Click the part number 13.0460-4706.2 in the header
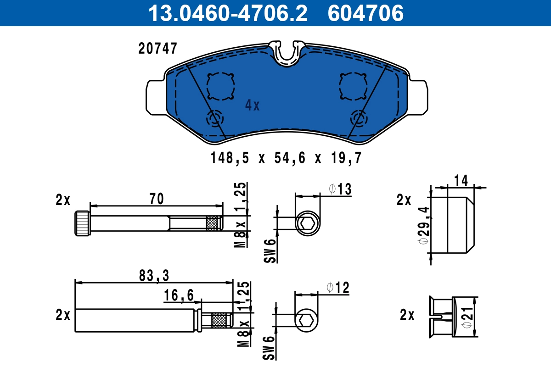pos(227,13)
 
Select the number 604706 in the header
pos(365,13)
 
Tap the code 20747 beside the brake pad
pos(157,49)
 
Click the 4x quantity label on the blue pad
pos(252,106)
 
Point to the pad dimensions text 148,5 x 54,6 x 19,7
pos(286,159)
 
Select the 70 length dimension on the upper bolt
pos(156,199)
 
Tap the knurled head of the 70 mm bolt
pos(82,223)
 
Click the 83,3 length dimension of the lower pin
pos(154,275)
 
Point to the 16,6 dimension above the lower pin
pos(179,296)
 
